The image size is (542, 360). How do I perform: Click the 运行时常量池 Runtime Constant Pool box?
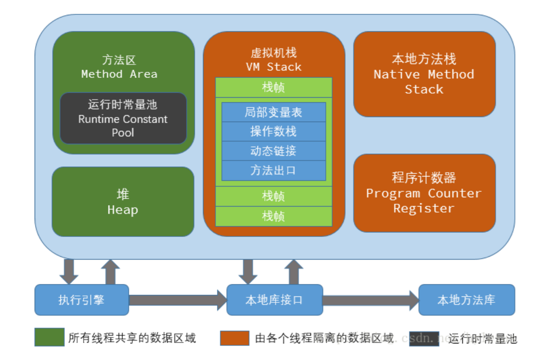coord(123,118)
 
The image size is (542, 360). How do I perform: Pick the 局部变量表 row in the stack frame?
coord(274,112)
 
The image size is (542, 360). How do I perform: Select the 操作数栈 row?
coord(274,132)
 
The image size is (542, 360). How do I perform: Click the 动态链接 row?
coord(274,151)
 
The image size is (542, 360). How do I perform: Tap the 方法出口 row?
coord(274,171)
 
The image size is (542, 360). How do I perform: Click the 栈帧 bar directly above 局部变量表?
coord(274,88)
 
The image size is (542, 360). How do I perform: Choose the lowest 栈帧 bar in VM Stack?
coord(274,216)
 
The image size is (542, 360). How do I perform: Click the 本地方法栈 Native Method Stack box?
coord(424,74)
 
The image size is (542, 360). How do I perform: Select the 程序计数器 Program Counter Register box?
coord(424,193)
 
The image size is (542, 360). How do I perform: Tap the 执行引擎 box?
coord(82,300)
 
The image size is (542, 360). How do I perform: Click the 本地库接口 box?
coord(274,300)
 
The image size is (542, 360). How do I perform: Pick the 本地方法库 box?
coord(466,300)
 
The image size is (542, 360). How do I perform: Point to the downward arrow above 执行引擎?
coord(69,271)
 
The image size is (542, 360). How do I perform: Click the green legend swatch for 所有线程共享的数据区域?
coord(49,337)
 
